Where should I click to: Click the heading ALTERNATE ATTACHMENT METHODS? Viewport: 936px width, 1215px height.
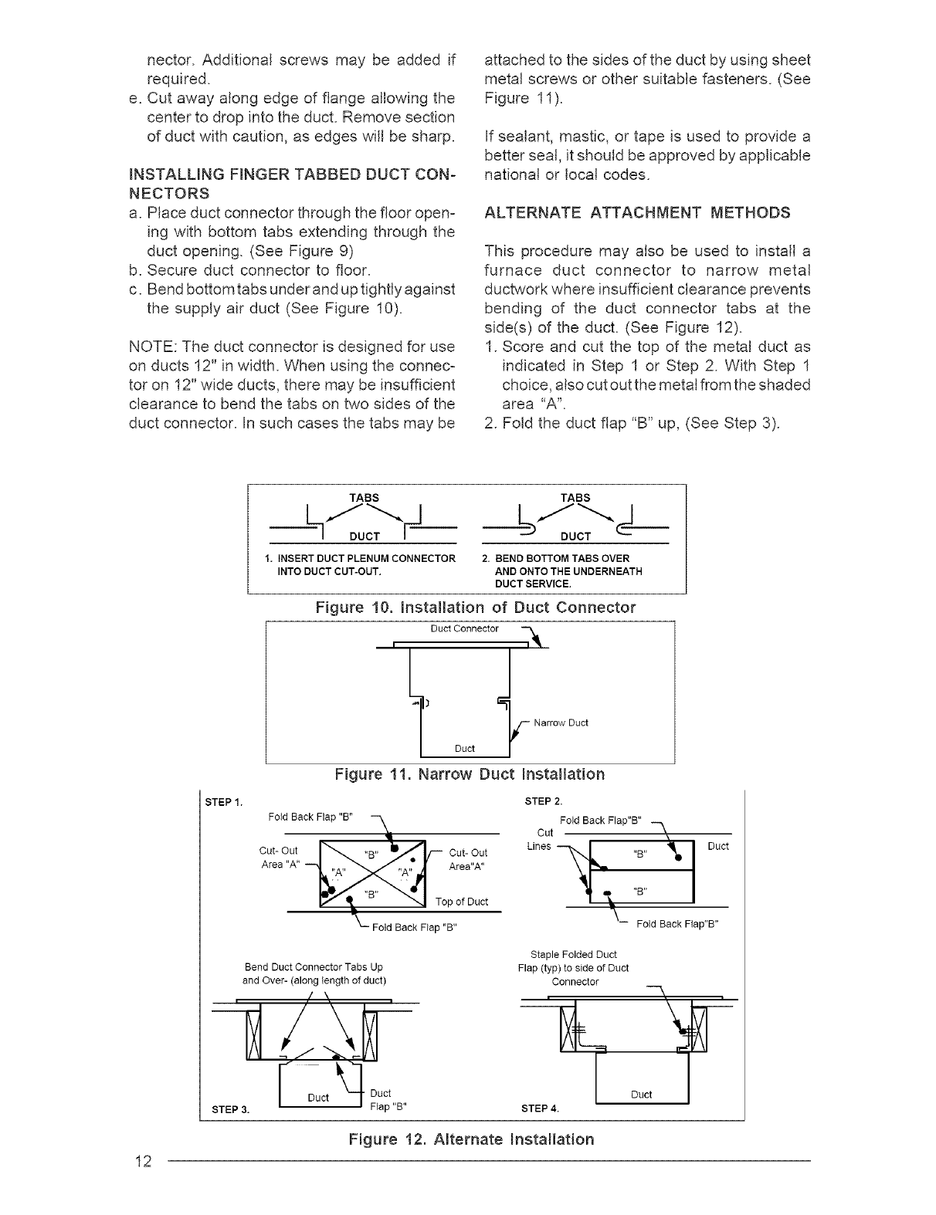(636, 212)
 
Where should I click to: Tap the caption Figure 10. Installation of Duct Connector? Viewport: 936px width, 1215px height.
(476, 607)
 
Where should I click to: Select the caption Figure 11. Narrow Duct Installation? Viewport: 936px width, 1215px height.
(470, 773)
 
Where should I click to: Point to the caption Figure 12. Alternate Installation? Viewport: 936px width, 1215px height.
(471, 1139)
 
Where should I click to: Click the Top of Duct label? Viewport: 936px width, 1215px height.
(462, 902)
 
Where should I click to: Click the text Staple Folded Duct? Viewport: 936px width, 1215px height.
(574, 955)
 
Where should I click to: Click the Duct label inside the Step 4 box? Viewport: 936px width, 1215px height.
(641, 1094)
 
